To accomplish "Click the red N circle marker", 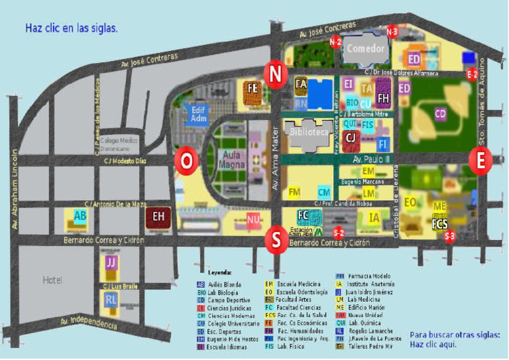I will (x=274, y=74).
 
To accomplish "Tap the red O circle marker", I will (x=186, y=161).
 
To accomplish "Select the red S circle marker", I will (x=275, y=239).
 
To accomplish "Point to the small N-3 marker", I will (x=392, y=31).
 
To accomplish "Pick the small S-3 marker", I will (x=450, y=236).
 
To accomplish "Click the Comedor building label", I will (x=366, y=48).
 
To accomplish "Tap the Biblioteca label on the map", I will (x=309, y=132).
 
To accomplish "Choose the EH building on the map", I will (x=159, y=215).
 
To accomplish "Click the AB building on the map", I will (x=80, y=216).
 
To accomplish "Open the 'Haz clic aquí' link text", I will (x=433, y=345).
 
